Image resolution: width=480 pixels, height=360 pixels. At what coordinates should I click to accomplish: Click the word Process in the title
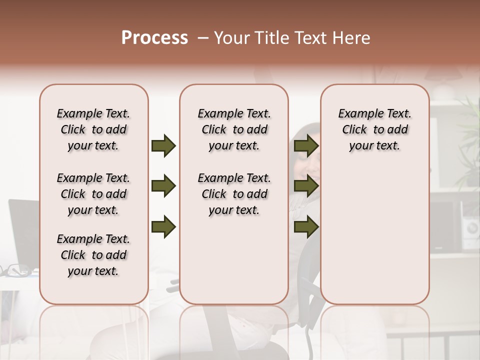(x=154, y=38)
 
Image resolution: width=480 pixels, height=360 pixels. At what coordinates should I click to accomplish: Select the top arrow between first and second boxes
(x=163, y=145)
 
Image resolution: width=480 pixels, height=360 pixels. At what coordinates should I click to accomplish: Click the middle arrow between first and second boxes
(x=163, y=186)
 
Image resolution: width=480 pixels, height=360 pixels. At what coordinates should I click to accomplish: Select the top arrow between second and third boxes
(x=306, y=145)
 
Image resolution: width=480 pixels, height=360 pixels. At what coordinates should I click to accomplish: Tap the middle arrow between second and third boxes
(x=306, y=186)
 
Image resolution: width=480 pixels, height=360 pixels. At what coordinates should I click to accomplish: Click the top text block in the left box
(x=93, y=129)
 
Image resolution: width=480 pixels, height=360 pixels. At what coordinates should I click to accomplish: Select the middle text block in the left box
(x=93, y=194)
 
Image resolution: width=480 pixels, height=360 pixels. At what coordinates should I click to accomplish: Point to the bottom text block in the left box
(x=93, y=255)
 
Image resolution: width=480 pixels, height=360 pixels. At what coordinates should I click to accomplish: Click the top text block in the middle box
(x=234, y=129)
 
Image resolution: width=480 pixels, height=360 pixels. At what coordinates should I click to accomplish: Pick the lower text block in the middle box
(x=234, y=194)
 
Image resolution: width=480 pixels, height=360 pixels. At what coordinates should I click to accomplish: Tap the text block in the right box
(x=375, y=129)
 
